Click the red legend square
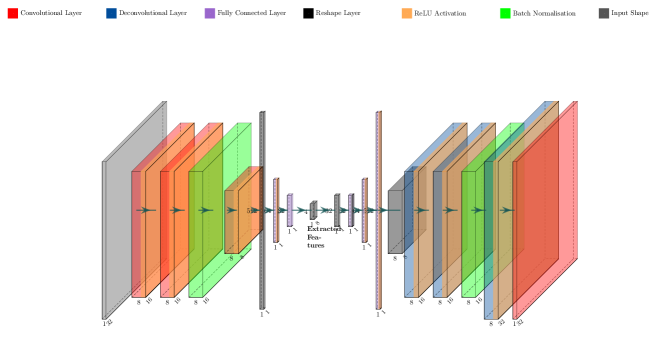(x=13, y=14)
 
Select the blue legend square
(x=111, y=14)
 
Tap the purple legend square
(x=210, y=14)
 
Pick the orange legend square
(x=407, y=14)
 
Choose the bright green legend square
(x=505, y=14)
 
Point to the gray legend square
(x=604, y=14)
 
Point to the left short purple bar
(x=290, y=210)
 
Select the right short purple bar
(x=351, y=210)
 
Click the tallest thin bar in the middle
(x=378, y=210)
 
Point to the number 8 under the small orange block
(x=231, y=258)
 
